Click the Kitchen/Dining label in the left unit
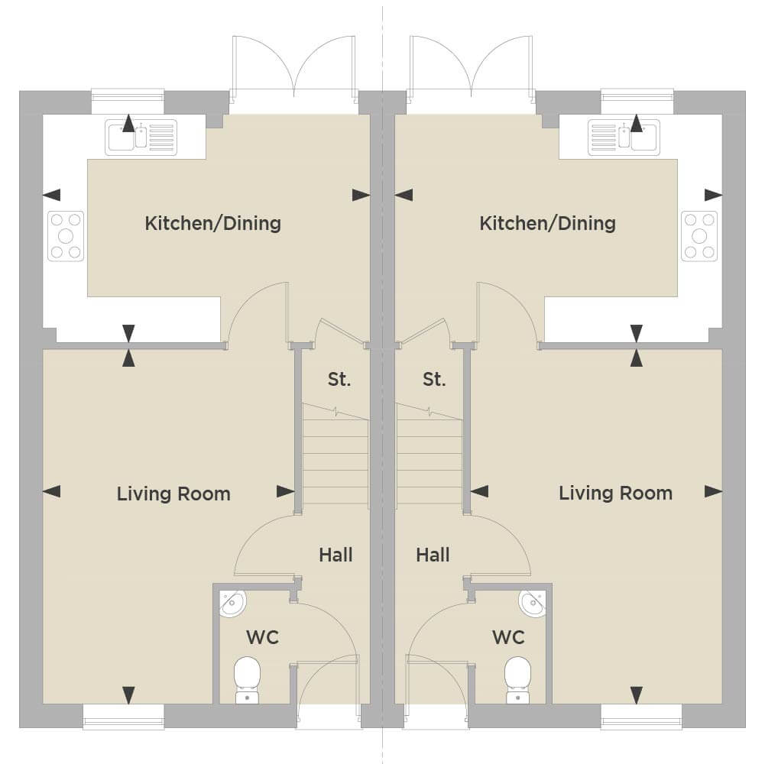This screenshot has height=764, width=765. tap(212, 224)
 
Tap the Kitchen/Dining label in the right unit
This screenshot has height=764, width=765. tap(547, 224)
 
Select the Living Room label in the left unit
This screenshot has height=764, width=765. tap(173, 494)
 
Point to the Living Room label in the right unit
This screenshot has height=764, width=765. tap(615, 493)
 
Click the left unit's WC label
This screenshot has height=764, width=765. tap(262, 637)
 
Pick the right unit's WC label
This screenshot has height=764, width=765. tap(508, 637)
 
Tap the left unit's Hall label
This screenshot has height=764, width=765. tap(335, 555)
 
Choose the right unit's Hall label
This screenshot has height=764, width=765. tap(433, 555)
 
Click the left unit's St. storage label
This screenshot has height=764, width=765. tap(339, 379)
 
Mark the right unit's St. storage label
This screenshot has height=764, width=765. tap(434, 379)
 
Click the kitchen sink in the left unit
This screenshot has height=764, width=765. tap(141, 138)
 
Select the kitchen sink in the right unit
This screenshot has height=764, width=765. tap(624, 138)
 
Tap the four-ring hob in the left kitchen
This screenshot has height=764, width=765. tap(66, 236)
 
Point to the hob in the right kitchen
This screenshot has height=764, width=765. tap(699, 236)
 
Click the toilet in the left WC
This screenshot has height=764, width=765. tap(247, 680)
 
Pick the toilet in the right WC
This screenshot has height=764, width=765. tap(517, 680)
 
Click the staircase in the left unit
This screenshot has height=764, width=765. tap(335, 455)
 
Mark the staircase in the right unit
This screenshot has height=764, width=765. tap(430, 455)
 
